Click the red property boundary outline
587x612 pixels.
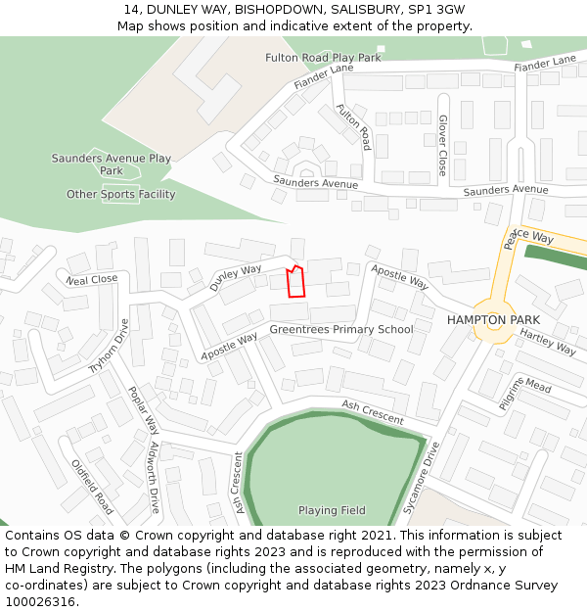295,281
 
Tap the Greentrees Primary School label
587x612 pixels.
341,330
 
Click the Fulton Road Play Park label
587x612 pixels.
323,58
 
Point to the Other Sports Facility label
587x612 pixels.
121,194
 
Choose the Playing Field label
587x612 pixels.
332,510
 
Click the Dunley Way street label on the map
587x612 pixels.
235,276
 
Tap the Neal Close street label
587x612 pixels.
92,280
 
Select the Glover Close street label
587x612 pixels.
442,145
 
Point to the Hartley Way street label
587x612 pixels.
548,342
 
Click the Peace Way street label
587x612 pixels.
529,238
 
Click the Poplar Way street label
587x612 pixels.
143,409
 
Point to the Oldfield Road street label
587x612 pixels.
92,487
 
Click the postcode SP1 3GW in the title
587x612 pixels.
432,10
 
